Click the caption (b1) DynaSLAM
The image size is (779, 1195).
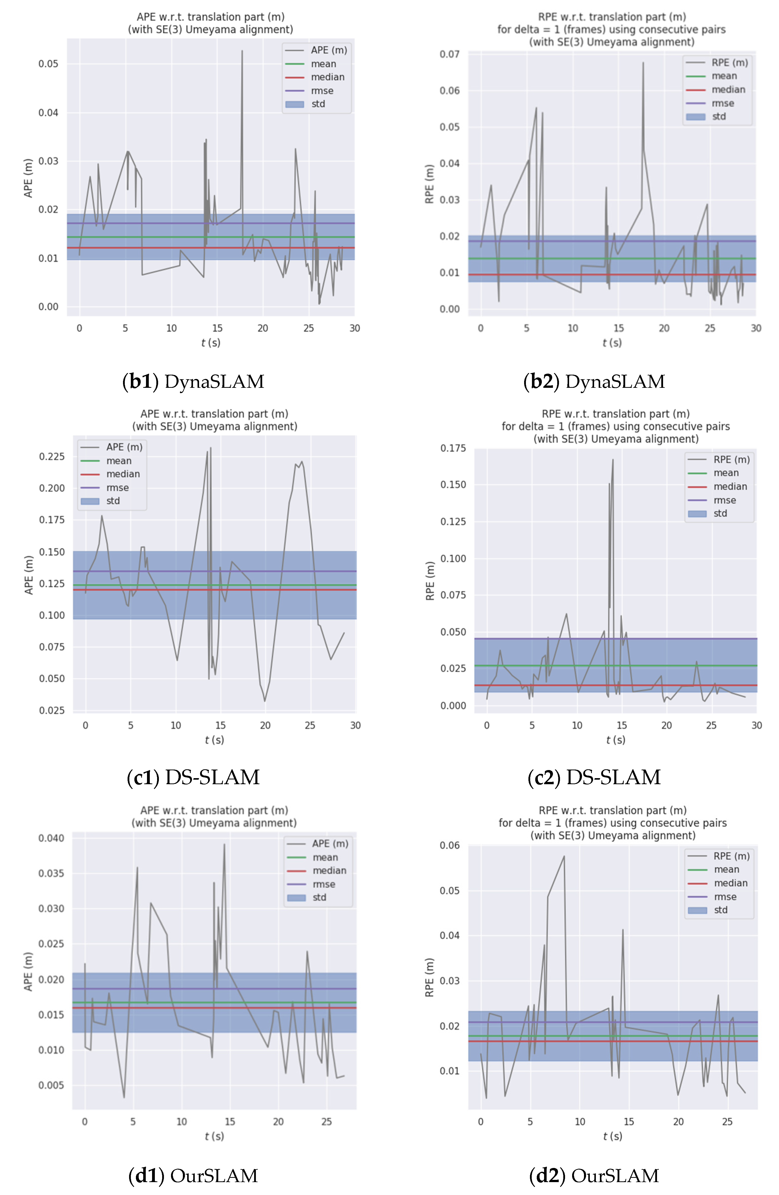click(193, 381)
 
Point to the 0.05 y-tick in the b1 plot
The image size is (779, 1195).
click(48, 64)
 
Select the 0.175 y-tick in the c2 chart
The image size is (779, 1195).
click(453, 448)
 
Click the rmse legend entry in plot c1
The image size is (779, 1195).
click(117, 488)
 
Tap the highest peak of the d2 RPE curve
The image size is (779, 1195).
click(564, 856)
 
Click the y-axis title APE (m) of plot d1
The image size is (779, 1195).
click(28, 972)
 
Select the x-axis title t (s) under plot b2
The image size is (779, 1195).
click(612, 343)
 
